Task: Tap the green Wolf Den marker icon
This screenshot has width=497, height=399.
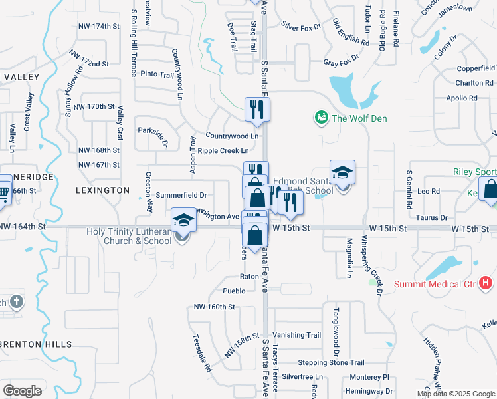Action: pyautogui.click(x=322, y=118)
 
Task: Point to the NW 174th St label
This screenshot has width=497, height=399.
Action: pyautogui.click(x=98, y=26)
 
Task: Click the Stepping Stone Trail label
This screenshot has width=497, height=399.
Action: pyautogui.click(x=331, y=363)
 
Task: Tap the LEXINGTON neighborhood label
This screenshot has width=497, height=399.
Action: pyautogui.click(x=102, y=190)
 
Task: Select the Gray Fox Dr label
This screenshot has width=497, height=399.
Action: pyautogui.click(x=341, y=63)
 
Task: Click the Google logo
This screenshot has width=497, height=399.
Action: pyautogui.click(x=22, y=391)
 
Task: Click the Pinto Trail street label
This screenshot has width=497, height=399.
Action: pyautogui.click(x=157, y=74)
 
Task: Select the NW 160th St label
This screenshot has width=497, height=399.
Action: pyautogui.click(x=214, y=307)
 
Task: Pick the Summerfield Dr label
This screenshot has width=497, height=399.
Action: pyautogui.click(x=181, y=195)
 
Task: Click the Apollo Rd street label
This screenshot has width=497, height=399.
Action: pyautogui.click(x=462, y=98)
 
